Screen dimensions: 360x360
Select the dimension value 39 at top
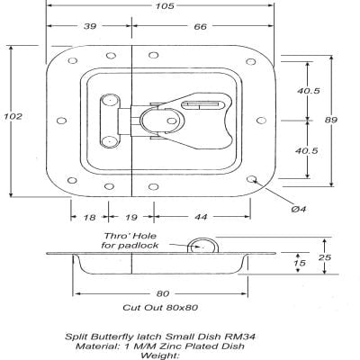pos(90,29)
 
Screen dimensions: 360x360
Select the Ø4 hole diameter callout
pos(301,209)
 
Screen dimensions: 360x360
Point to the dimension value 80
pos(161,293)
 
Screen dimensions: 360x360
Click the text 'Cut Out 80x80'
pos(162,308)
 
